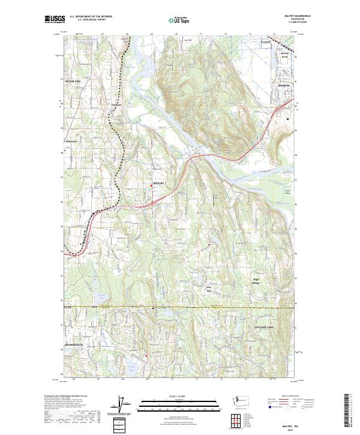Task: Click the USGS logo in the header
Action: [x=55, y=20]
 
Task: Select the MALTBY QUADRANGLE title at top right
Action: [x=286, y=16]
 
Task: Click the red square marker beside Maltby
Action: [x=151, y=185]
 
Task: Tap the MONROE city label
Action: [x=284, y=86]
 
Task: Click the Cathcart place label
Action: [x=118, y=106]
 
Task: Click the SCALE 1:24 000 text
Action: [x=179, y=396]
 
